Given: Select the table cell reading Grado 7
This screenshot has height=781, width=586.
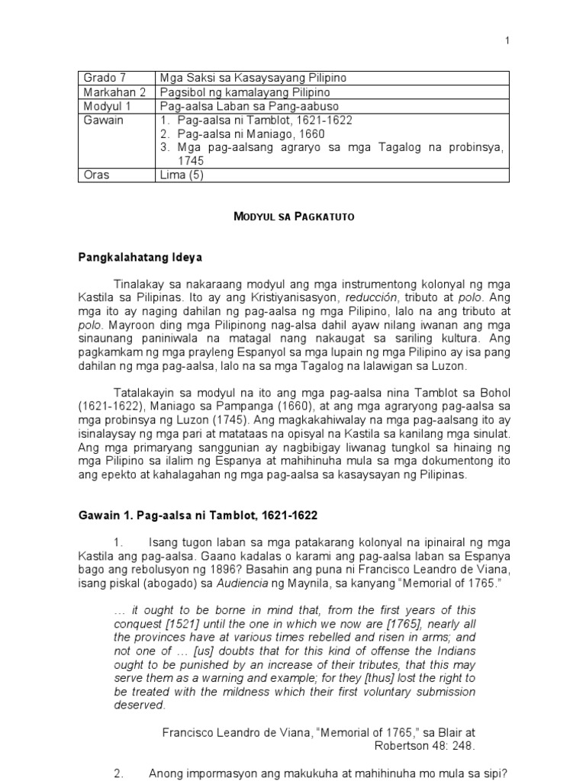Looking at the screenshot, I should pos(100,78).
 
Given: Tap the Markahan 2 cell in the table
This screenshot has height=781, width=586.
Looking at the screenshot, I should pos(110,92).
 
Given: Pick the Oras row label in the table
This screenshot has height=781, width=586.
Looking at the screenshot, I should pos(97,175).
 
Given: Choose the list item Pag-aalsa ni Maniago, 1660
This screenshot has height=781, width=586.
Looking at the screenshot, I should pos(241,133).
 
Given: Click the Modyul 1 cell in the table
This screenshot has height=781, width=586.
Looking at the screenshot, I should pos(104,105).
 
